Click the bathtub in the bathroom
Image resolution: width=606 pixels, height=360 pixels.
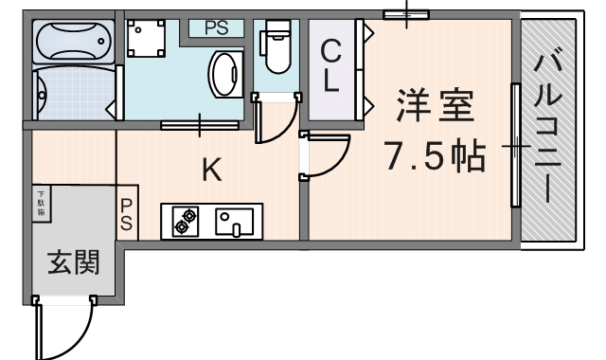point(74,41)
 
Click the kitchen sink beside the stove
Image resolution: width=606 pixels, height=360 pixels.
point(236,222)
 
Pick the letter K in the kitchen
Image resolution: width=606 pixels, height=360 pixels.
point(213,171)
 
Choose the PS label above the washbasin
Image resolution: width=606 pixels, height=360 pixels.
point(216,27)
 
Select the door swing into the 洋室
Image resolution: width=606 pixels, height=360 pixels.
point(325,156)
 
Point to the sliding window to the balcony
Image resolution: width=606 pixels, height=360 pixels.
point(516,145)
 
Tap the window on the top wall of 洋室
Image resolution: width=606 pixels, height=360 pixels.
point(407,14)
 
